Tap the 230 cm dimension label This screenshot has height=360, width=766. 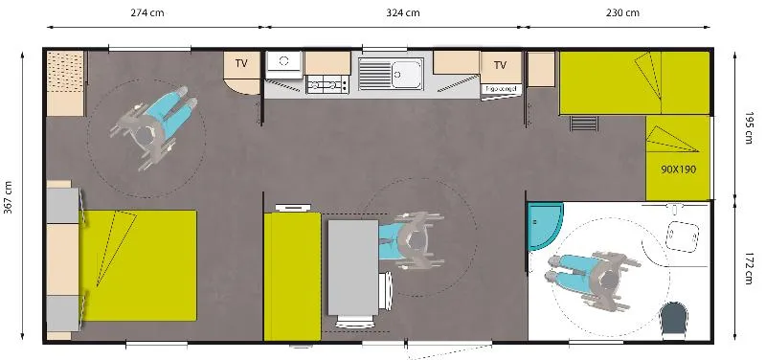pyautogui.click(x=622, y=13)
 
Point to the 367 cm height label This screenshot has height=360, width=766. pyautogui.click(x=9, y=199)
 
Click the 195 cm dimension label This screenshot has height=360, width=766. pyautogui.click(x=749, y=125)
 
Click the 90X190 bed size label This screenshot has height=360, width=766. pyautogui.click(x=677, y=169)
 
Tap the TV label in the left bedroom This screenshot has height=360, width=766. pyautogui.click(x=242, y=64)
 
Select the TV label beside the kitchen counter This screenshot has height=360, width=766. pyautogui.click(x=500, y=65)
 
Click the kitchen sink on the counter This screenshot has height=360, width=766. pyautogui.click(x=403, y=72)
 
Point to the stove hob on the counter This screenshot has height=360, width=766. pyautogui.click(x=327, y=86)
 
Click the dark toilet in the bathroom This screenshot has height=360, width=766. pyautogui.click(x=677, y=319)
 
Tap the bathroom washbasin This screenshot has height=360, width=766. pyautogui.click(x=684, y=233)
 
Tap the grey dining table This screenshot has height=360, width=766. pyautogui.click(x=352, y=267)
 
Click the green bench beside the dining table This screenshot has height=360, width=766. pyautogui.click(x=292, y=277)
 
